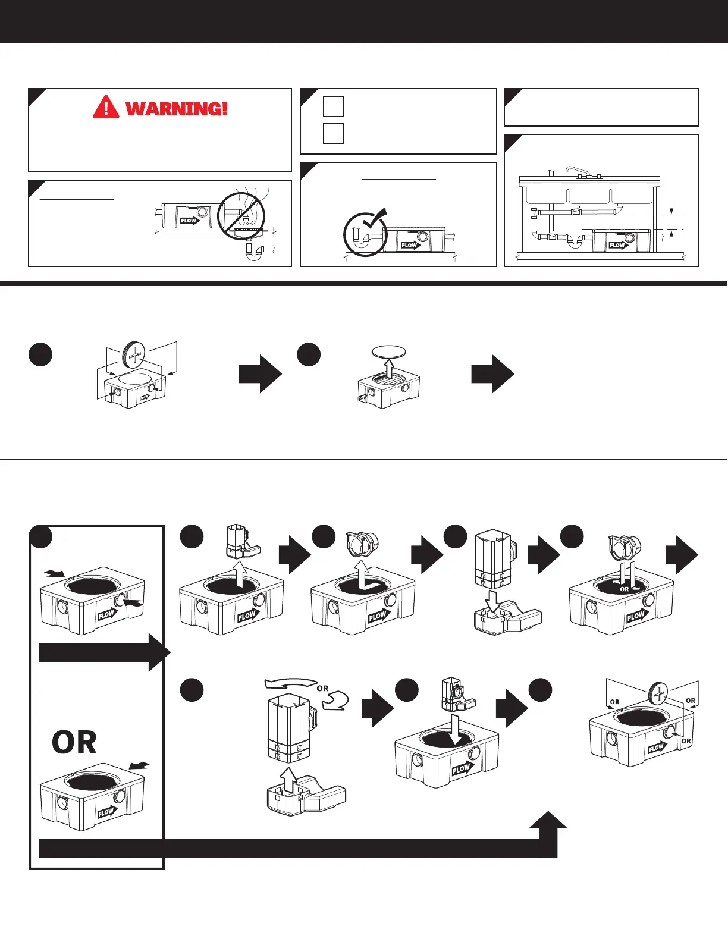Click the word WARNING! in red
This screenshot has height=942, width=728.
coord(177,109)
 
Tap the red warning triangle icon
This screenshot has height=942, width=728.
coord(106,107)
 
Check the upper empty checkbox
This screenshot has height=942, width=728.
coord(334,106)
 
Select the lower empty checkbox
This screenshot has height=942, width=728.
coord(334,133)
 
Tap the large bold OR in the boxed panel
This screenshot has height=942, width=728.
coord(74,743)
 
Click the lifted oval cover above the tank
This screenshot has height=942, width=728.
coord(388,351)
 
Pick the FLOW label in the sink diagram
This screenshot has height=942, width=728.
coord(617,245)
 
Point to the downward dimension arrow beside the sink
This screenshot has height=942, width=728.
coord(671,206)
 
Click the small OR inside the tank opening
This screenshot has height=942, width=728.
coord(625,589)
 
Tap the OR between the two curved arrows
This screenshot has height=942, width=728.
coord(322,689)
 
